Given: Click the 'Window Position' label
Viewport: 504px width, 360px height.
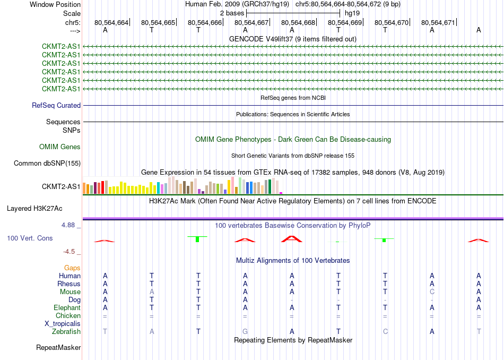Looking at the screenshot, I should pos(55,4).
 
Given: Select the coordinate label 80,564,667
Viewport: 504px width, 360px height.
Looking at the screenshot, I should pos(251,23).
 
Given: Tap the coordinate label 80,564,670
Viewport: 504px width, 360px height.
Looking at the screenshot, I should pos(392,23).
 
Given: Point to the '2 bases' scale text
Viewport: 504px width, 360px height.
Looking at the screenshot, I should pos(231,12).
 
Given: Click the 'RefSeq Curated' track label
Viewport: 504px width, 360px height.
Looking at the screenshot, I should pos(56,106).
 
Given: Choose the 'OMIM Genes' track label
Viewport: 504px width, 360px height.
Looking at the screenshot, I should pos(60,147).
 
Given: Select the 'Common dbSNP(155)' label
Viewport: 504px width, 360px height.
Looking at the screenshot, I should pos(47,164).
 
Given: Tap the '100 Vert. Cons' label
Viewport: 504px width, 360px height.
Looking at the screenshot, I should pos(30,238).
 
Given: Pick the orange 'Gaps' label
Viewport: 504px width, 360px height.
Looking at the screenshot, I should pos(72,268).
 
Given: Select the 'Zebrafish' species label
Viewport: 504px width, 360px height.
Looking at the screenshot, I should pos(66,332).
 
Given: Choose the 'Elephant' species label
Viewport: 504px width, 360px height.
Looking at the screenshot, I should pos(67,308).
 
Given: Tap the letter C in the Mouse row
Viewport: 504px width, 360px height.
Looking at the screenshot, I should pos(432,292).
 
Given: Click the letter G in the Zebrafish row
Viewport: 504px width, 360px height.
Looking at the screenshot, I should pos(245,332).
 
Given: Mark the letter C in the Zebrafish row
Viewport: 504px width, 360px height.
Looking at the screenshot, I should pos(385,332).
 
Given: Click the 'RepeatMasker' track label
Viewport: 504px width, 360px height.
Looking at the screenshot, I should pos(58,348).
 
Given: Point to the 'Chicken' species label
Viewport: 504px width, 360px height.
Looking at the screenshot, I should pos(68,316).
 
